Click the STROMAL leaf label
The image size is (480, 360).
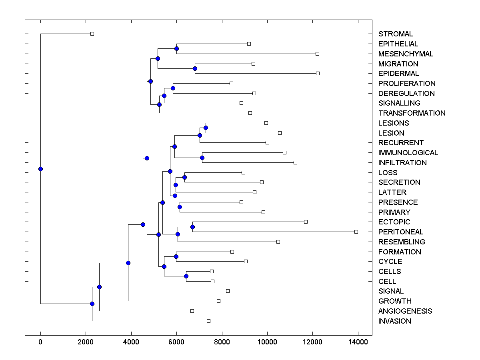(x=396, y=34)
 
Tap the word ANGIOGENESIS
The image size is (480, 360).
(x=405, y=311)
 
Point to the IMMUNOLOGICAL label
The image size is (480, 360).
(x=408, y=153)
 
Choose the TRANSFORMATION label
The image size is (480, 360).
(x=412, y=113)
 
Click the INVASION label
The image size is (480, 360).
(x=394, y=321)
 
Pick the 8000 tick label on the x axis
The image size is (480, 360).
(x=222, y=341)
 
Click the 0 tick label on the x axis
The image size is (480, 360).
(x=40, y=341)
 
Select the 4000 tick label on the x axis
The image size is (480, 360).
(x=131, y=341)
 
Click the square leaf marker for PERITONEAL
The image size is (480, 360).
(x=356, y=232)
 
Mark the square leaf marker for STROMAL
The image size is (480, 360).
(x=92, y=34)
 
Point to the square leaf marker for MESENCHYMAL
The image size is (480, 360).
(x=317, y=54)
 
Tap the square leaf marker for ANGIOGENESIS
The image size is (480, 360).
(x=192, y=311)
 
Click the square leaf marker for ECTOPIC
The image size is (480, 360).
(x=306, y=222)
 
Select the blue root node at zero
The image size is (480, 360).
(x=40, y=169)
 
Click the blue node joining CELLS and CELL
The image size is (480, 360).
(x=186, y=276)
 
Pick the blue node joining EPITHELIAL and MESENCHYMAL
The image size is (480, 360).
(x=176, y=48)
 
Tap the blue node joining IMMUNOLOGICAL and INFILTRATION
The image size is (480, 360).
(x=202, y=158)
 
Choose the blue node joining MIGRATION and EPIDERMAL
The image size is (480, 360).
(x=195, y=68)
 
